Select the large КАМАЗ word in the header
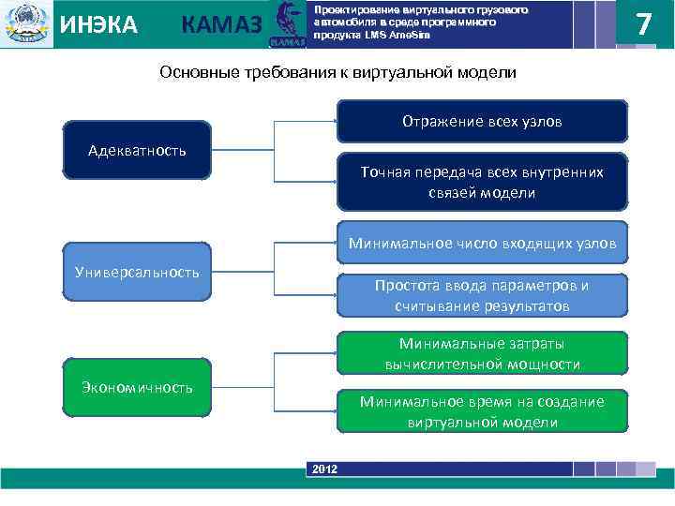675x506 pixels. pyautogui.click(x=221, y=26)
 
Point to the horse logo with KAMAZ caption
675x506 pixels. pyautogui.click(x=289, y=24)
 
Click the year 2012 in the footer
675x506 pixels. pyautogui.click(x=324, y=468)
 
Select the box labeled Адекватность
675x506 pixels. pyautogui.click(x=137, y=150)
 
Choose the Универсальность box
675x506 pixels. pyautogui.click(x=137, y=272)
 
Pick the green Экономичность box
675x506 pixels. pyautogui.click(x=137, y=387)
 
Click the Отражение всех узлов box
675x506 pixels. pyautogui.click(x=482, y=122)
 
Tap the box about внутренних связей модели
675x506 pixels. pyautogui.click(x=482, y=182)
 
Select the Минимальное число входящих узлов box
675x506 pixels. pyautogui.click(x=482, y=244)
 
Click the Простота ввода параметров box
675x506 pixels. pyautogui.click(x=482, y=295)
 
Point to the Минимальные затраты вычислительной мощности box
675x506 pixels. pyautogui.click(x=482, y=353)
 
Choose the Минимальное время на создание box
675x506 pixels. pyautogui.click(x=482, y=411)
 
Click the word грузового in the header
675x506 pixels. pyautogui.click(x=502, y=9)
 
